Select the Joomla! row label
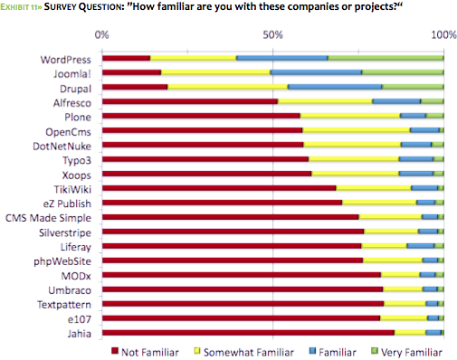pyautogui.click(x=71, y=73)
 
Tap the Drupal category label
pyautogui.click(x=73, y=88)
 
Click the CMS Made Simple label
pyautogui.click(x=49, y=218)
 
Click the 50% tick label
pyautogui.click(x=272, y=34)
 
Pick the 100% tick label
pyautogui.click(x=443, y=34)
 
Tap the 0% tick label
pyautogui.click(x=102, y=34)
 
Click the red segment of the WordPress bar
pyautogui.click(x=126, y=58)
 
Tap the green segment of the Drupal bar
pyautogui.click(x=413, y=87)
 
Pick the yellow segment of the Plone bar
pyautogui.click(x=349, y=116)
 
